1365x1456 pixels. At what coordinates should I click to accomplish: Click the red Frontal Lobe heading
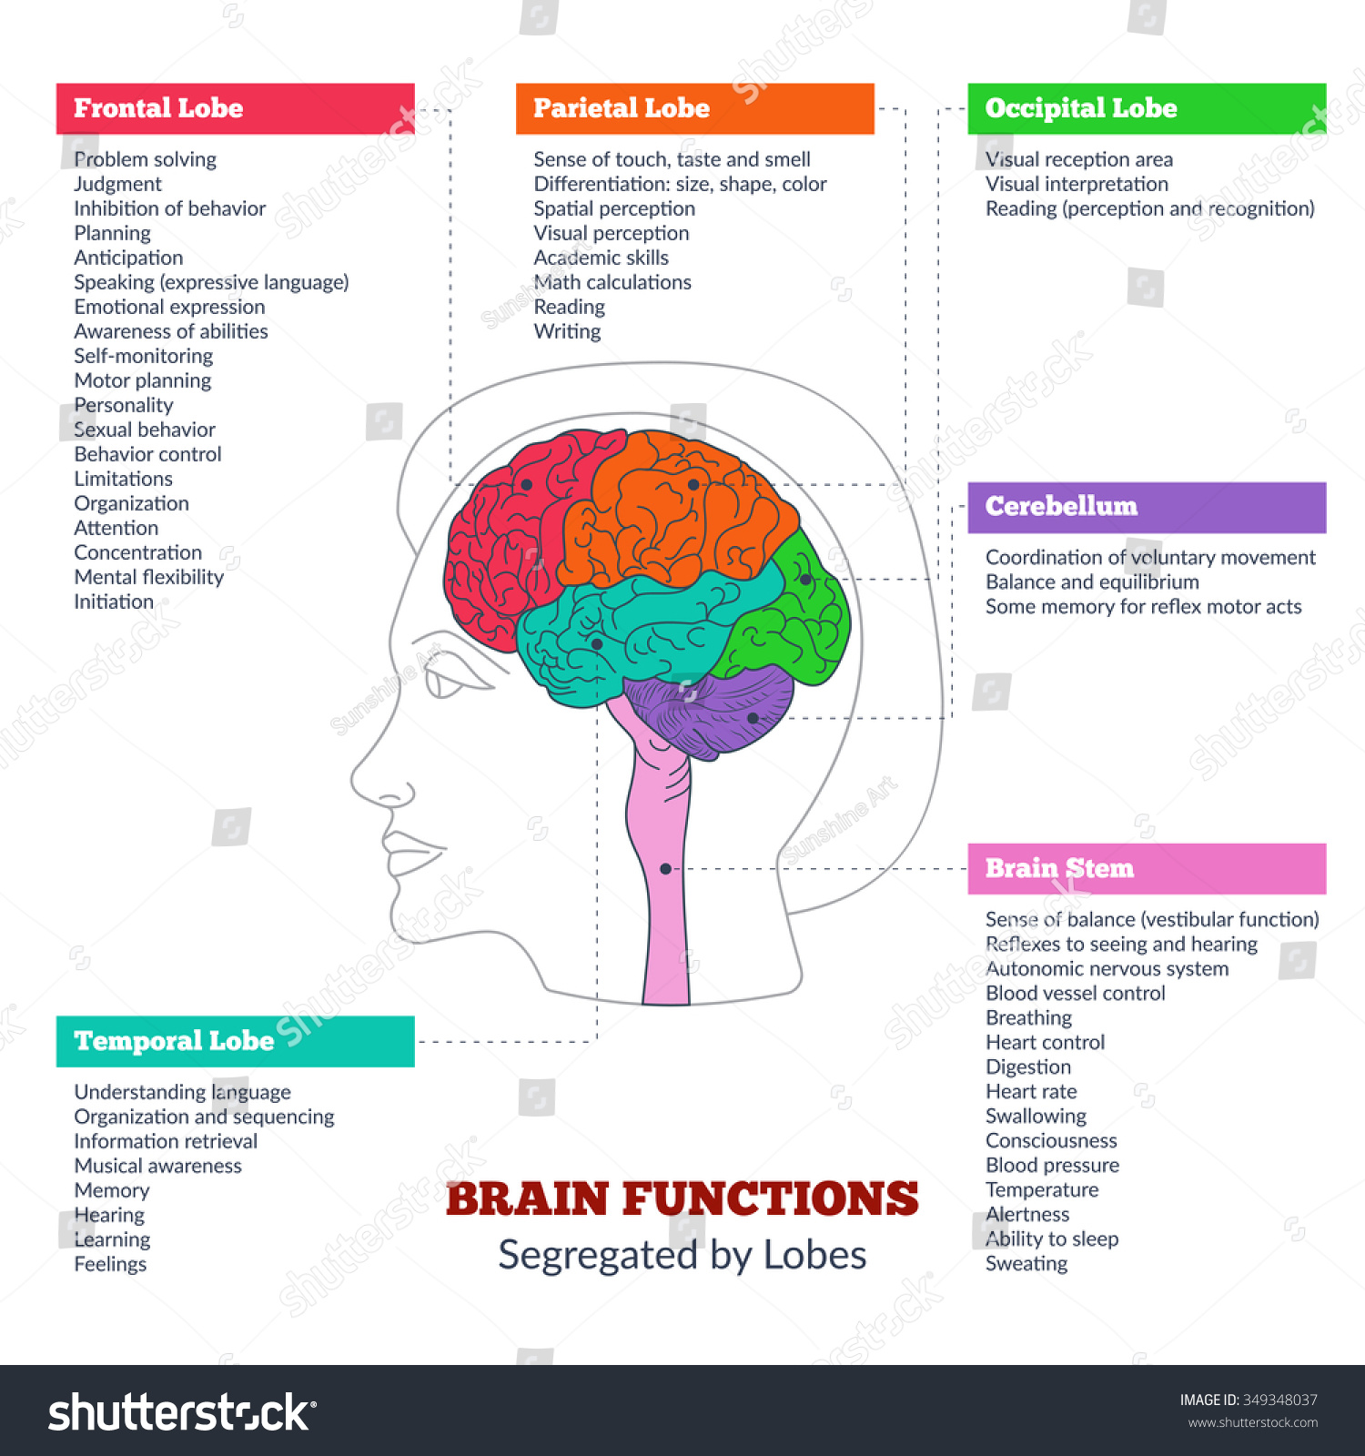click(x=158, y=108)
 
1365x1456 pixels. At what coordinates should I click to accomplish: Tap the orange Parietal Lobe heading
click(x=622, y=108)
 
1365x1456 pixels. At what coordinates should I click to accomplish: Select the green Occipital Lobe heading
click(x=1081, y=108)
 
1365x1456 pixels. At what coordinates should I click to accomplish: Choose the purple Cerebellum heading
click(x=1061, y=506)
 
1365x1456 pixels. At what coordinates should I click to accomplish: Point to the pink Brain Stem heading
click(x=1059, y=868)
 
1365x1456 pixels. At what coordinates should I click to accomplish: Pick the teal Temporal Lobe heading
click(x=174, y=1041)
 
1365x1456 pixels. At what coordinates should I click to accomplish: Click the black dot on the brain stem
click(x=665, y=869)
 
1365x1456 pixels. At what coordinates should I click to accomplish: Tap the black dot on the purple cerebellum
click(x=753, y=718)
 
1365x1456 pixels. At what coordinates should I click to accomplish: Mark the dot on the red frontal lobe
click(x=526, y=485)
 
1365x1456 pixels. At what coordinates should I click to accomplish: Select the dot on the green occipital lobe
click(x=805, y=579)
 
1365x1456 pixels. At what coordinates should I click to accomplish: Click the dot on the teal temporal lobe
click(x=597, y=643)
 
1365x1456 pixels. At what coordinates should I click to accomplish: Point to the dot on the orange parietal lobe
click(x=693, y=485)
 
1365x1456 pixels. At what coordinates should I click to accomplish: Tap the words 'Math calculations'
click(x=612, y=282)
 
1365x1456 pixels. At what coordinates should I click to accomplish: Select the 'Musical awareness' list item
click(x=158, y=1166)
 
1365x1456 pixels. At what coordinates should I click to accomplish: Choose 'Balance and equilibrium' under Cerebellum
click(x=1092, y=581)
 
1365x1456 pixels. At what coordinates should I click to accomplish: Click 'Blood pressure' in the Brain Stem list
click(x=1052, y=1165)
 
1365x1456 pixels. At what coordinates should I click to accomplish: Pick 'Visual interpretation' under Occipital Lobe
click(x=1077, y=184)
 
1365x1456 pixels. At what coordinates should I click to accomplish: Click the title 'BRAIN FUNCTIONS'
click(x=682, y=1198)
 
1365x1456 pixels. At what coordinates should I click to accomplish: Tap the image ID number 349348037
click(x=1279, y=1400)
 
